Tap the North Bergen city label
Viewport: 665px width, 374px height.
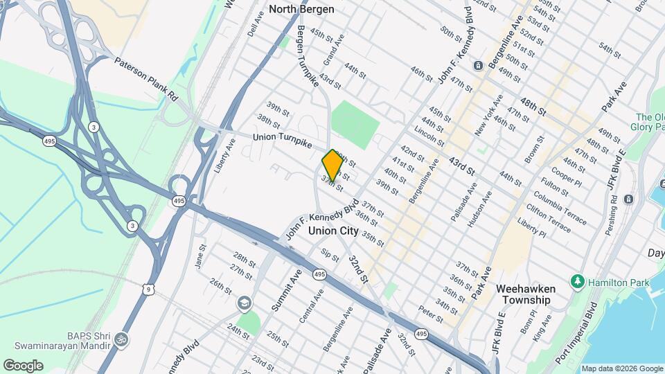[301, 9]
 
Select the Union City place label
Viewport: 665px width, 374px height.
[333, 231]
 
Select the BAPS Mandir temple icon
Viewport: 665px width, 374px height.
[121, 339]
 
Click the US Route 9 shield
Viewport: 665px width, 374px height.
[148, 290]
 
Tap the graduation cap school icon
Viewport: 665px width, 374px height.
[244, 303]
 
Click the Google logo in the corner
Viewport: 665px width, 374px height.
[23, 365]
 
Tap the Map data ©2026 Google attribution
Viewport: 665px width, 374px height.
[622, 368]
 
